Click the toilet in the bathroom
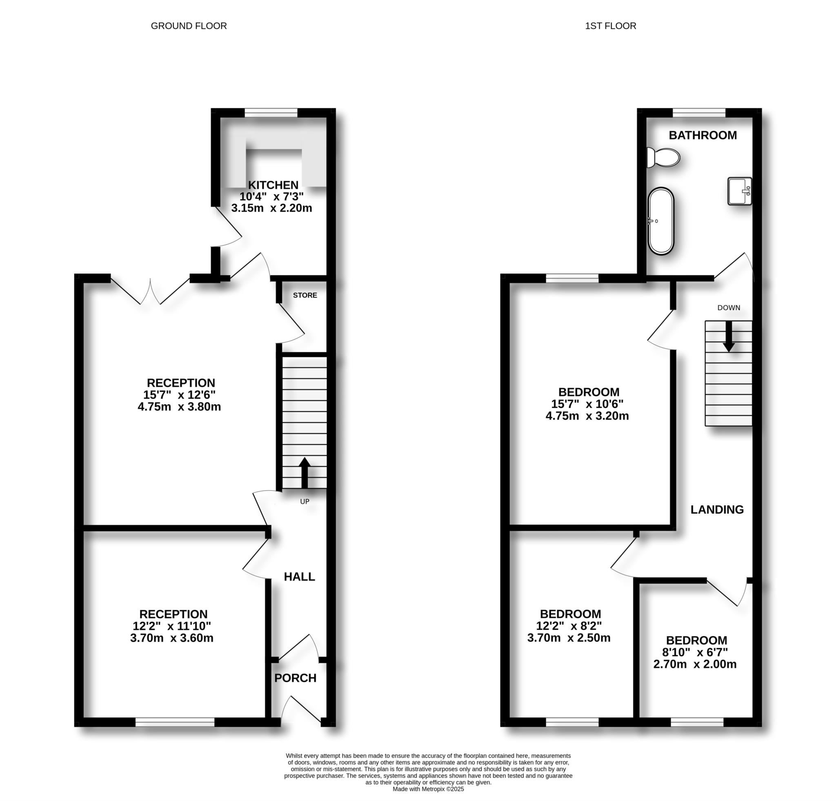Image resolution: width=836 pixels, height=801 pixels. (663, 158)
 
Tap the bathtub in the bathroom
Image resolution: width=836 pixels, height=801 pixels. (661, 221)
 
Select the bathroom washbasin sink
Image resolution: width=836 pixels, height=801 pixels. (740, 191)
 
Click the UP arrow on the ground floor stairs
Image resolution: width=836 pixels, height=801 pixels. (304, 473)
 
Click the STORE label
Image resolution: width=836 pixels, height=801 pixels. (305, 295)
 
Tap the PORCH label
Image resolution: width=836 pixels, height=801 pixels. (295, 678)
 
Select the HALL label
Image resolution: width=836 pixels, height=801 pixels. (300, 576)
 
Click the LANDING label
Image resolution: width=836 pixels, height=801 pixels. (717, 509)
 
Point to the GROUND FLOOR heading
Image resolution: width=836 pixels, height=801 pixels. (189, 26)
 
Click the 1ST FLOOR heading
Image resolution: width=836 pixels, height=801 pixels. (610, 26)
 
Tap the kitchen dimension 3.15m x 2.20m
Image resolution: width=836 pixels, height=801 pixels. (272, 208)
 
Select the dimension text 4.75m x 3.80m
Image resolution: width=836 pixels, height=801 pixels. (179, 407)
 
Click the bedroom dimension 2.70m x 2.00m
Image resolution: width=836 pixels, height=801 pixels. (695, 664)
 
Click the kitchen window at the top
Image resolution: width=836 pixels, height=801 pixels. (271, 113)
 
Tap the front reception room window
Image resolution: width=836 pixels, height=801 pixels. (175, 722)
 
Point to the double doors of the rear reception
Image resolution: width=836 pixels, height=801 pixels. (150, 291)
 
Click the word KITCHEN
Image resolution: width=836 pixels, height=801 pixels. (273, 185)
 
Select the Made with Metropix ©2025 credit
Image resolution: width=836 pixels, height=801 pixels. (428, 789)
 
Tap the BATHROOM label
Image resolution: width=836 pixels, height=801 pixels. (703, 135)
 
